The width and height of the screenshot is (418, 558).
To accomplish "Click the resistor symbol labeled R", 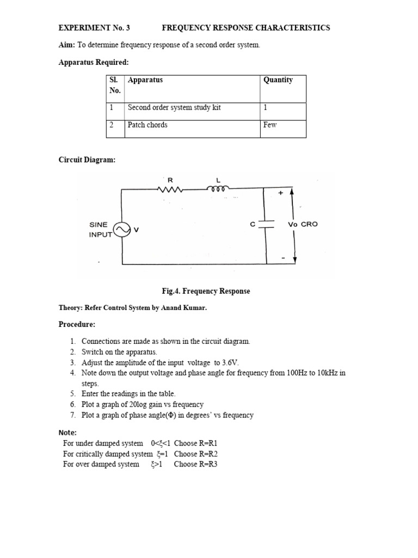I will (170, 189).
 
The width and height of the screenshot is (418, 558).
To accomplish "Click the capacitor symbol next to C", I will (265, 225).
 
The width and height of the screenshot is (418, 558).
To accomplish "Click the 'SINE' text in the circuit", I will (99, 225).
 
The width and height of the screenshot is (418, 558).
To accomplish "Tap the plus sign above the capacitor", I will (280, 193).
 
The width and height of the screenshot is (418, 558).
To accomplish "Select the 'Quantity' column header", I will (278, 80).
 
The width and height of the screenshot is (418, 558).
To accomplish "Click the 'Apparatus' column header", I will (145, 80).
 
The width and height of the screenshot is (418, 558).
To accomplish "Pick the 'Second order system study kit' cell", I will (174, 108).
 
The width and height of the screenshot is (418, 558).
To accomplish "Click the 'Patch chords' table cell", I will (147, 125).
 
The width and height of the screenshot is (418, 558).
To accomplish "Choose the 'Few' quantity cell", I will (270, 125).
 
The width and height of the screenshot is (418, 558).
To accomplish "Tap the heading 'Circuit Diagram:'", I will (87, 160).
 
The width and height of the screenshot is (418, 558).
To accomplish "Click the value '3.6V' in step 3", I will (245, 362).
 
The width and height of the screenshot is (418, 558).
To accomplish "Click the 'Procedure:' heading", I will (77, 325).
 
